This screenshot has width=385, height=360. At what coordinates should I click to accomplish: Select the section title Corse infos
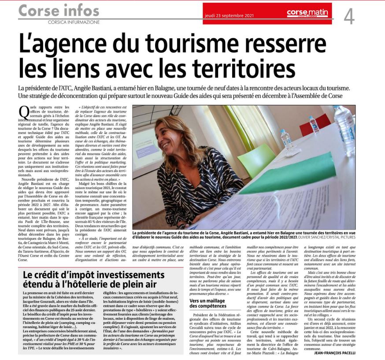[53, 9]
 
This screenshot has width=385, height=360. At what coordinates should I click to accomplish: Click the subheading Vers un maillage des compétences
[214, 303]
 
